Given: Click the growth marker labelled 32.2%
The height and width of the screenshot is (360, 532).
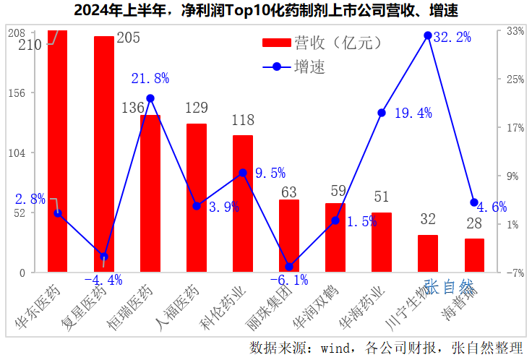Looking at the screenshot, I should point(428,35).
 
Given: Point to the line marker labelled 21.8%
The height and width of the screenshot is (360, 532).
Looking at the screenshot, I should point(150,98).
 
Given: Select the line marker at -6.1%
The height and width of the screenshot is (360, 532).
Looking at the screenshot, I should point(289,267).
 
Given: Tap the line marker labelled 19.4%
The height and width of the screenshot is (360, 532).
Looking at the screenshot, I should point(382,113).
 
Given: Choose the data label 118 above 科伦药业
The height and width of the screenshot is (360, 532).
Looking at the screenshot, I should point(243,120).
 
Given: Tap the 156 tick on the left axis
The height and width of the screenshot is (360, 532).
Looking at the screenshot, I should point(17,93).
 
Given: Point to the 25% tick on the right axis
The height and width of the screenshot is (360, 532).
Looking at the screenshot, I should point(515,79).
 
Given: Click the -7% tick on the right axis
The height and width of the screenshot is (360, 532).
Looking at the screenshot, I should point(515,273).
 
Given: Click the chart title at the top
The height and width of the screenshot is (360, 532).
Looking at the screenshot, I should point(266,11).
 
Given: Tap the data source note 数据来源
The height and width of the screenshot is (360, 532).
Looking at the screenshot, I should point(386,348).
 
